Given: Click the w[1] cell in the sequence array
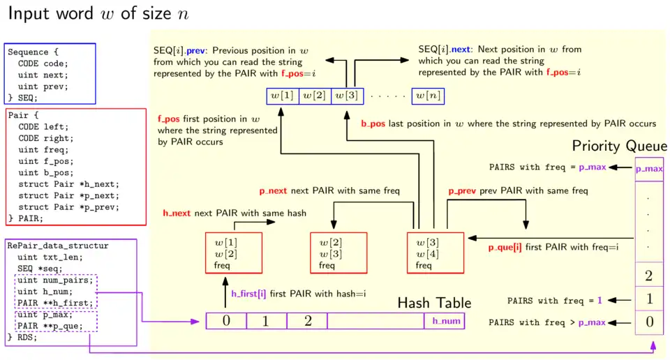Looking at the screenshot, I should pyautogui.click(x=283, y=96).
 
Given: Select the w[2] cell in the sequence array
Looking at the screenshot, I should pyautogui.click(x=315, y=96).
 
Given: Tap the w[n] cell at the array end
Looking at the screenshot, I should pyautogui.click(x=429, y=96).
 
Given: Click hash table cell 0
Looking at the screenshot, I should pyautogui.click(x=226, y=321).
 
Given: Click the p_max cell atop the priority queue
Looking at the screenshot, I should pyautogui.click(x=649, y=168).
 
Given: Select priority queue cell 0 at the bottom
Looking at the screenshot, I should pyautogui.click(x=649, y=322).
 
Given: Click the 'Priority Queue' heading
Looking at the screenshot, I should pyautogui.click(x=619, y=146).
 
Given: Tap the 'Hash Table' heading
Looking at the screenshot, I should pyautogui.click(x=434, y=303).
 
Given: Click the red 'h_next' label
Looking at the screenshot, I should pyautogui.click(x=177, y=213).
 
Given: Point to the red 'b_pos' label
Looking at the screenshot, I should pyautogui.click(x=373, y=123).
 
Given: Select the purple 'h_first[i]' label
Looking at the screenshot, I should pyautogui.click(x=248, y=294).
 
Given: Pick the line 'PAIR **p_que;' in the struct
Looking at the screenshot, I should pyautogui.click(x=45, y=325).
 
